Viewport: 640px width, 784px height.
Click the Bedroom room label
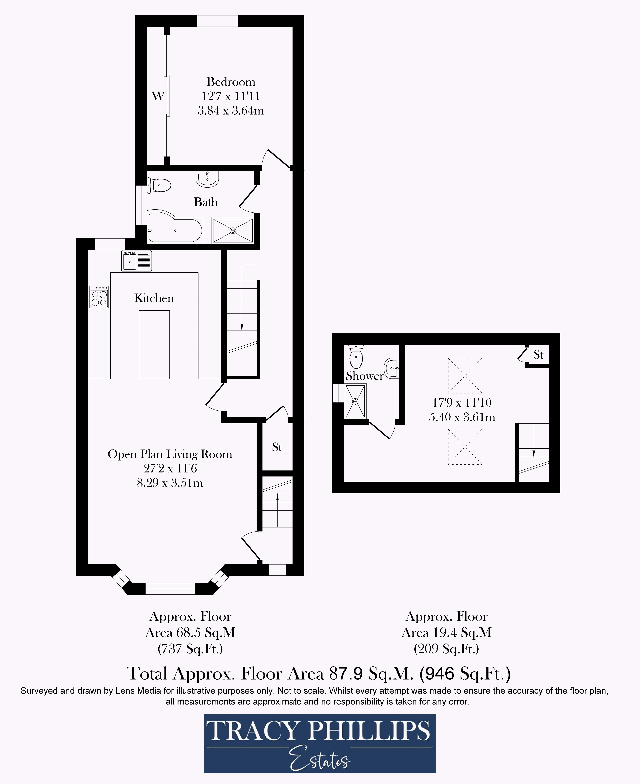pyautogui.click(x=231, y=82)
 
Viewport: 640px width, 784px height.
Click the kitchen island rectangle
pyautogui.click(x=154, y=345)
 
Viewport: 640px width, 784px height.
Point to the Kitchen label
pyautogui.click(x=154, y=298)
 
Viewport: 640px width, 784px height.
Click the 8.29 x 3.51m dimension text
pyautogui.click(x=170, y=483)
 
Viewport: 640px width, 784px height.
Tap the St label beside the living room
pyautogui.click(x=277, y=448)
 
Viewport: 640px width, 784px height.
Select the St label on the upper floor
pyautogui.click(x=538, y=355)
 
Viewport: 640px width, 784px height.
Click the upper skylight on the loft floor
pyautogui.click(x=465, y=375)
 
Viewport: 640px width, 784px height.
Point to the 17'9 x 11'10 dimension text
pyautogui.click(x=462, y=402)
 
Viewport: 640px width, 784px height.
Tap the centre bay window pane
pyautogui.click(x=170, y=589)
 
